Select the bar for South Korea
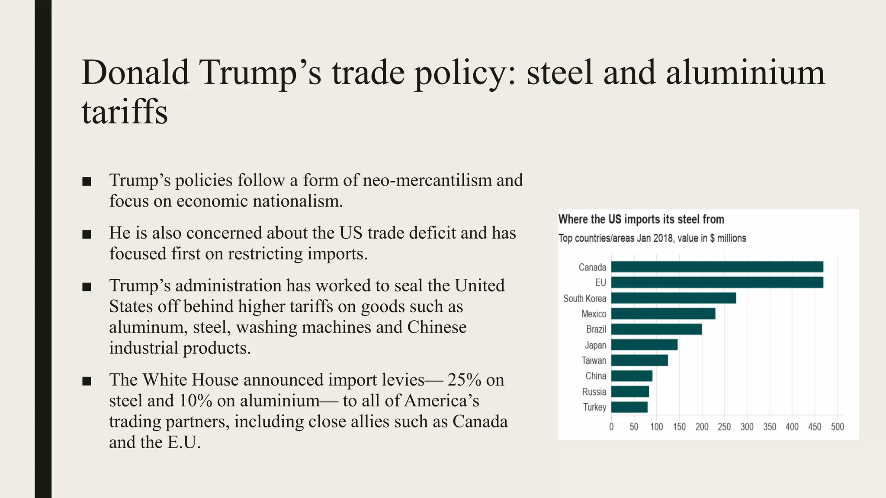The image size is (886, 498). (x=673, y=298)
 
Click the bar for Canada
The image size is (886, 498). (x=717, y=267)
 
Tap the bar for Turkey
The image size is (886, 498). (x=629, y=407)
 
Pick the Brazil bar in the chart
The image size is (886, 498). (x=656, y=329)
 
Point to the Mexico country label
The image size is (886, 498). (x=594, y=314)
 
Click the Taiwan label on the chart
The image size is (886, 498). (x=594, y=361)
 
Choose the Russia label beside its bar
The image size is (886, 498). (x=594, y=392)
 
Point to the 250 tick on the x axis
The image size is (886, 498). (x=724, y=427)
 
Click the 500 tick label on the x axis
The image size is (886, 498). (x=837, y=427)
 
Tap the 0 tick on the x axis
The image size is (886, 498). (x=611, y=427)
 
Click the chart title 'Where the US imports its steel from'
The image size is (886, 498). (x=641, y=219)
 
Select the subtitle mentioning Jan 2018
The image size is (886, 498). (x=652, y=238)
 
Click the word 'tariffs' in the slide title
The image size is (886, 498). (x=125, y=112)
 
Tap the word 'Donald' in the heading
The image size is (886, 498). (x=135, y=72)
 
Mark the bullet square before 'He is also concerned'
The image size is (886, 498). (x=87, y=234)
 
